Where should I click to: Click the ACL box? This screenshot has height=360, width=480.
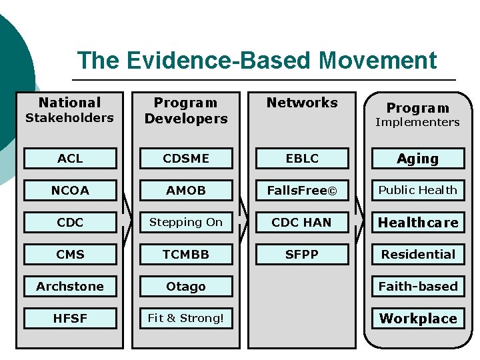pos(70,158)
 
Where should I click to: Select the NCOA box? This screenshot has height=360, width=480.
pos(70,190)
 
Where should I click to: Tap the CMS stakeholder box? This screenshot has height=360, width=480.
pos(70,254)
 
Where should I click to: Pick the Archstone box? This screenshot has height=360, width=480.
pos(70,286)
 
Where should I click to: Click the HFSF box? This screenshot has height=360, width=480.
pos(70,318)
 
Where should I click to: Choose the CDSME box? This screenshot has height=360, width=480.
pos(185,158)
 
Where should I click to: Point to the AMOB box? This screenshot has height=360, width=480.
pos(185,190)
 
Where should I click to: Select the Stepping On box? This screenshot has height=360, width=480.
pos(185,222)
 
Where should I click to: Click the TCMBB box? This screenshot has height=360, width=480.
pos(185,254)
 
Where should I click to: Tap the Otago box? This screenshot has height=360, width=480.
pos(185,286)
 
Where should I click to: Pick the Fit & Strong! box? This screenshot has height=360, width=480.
pos(185,318)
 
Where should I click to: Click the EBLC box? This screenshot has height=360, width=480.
pos(302,158)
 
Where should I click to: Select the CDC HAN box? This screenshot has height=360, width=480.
pos(302,222)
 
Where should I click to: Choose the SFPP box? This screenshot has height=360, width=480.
pos(302,254)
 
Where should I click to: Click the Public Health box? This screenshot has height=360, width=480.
pos(418,190)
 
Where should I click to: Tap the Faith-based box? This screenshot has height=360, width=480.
pos(418,286)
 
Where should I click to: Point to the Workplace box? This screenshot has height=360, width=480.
pos(418,318)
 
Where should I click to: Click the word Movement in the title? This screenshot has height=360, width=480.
pos(377,61)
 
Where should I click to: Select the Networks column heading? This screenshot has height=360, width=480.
pos(302,103)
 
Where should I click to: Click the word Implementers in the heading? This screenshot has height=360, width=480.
pos(417,122)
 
